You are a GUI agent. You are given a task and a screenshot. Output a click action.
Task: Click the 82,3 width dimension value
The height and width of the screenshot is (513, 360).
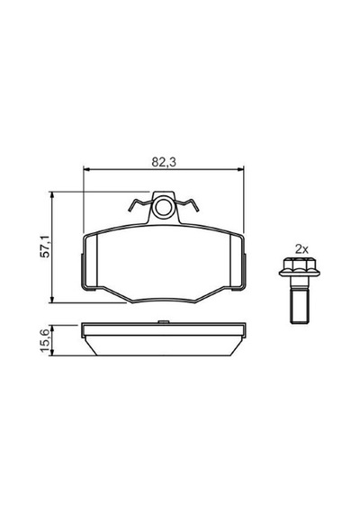pyautogui.click(x=164, y=162)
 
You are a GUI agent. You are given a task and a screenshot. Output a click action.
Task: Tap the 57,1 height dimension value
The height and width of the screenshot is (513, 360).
pyautogui.click(x=45, y=246)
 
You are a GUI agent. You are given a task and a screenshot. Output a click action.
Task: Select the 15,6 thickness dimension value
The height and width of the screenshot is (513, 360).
pyautogui.click(x=45, y=340)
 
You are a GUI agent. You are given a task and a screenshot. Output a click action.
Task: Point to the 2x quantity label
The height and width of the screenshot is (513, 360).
pyautogui.click(x=301, y=250)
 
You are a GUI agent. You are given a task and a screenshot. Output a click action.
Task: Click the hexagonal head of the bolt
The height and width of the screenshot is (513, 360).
pyautogui.click(x=300, y=266)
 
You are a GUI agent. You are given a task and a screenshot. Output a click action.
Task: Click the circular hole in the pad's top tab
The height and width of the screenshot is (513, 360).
pyautogui.click(x=163, y=207)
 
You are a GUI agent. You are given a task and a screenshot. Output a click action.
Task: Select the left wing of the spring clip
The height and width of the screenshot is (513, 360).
pyautogui.click(x=140, y=205)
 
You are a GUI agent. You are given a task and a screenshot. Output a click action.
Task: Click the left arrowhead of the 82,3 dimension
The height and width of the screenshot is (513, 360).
pyautogui.click(x=87, y=169)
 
